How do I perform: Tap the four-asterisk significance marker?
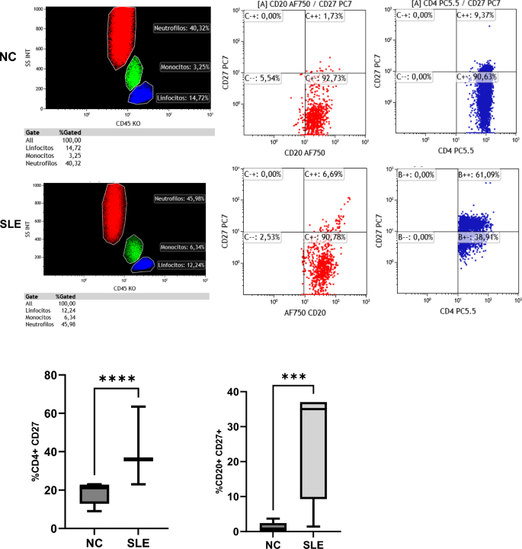[x=116, y=378]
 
